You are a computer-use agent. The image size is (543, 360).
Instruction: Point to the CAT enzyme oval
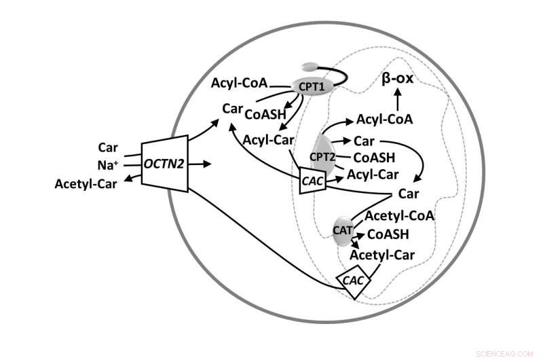[342, 230]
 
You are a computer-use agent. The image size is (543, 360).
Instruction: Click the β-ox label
[398, 79]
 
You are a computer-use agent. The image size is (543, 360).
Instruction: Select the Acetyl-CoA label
[400, 216]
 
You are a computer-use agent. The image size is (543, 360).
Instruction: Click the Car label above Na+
[109, 147]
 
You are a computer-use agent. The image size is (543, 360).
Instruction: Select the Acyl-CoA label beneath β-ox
[384, 120]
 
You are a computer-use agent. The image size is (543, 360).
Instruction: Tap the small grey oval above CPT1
[310, 67]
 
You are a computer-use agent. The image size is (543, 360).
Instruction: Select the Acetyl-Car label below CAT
[382, 255]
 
